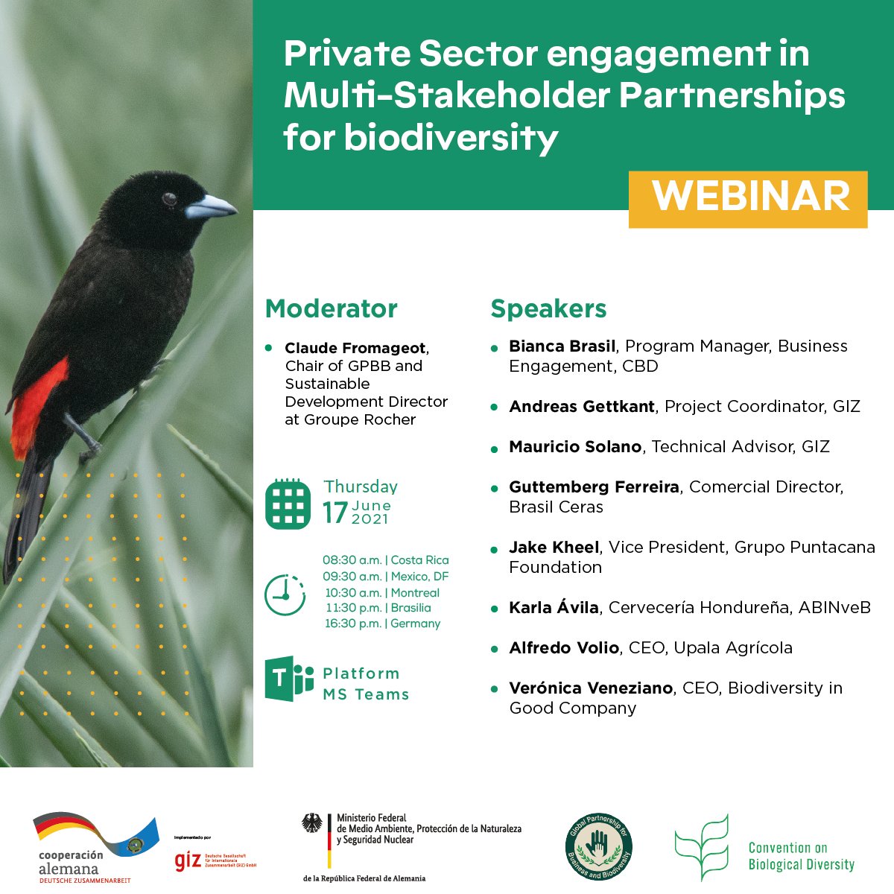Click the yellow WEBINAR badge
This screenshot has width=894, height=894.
[x=748, y=198]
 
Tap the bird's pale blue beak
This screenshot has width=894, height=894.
[x=209, y=206]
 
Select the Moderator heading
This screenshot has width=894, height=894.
[x=332, y=308]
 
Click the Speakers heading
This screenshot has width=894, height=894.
[x=548, y=308]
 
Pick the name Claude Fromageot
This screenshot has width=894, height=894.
[x=355, y=348]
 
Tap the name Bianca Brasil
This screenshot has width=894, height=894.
[x=562, y=346]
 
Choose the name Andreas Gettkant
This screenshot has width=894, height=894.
[x=582, y=407]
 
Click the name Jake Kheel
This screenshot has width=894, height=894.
[x=554, y=548]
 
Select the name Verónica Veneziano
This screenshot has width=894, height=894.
[x=590, y=688]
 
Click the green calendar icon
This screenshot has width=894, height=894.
[x=288, y=504]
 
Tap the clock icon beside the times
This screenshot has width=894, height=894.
[x=285, y=594]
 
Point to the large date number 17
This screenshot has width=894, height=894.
[x=335, y=513]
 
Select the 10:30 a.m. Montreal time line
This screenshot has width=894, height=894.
[x=381, y=593]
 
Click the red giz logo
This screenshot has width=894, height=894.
[x=188, y=860]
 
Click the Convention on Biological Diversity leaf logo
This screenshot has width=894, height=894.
[x=701, y=848]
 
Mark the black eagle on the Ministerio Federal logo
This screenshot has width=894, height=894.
[x=312, y=823]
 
